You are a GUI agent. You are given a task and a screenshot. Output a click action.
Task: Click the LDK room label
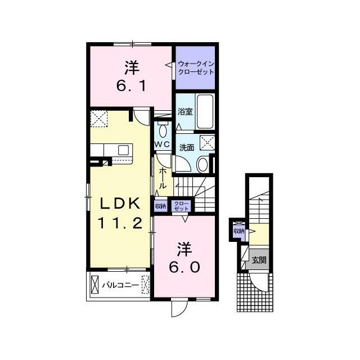pos(119,204)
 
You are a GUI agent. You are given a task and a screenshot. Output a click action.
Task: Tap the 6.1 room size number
pos(131,86)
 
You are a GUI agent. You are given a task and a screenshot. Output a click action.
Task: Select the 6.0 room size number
pos(184,267)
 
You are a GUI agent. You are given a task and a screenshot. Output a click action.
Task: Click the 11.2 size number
pos(120,223)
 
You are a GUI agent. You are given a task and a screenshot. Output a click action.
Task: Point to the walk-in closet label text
pos(196,67)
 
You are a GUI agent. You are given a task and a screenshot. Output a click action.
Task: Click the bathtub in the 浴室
pos(205,112)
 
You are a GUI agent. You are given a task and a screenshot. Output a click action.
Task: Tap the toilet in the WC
pos(163,130)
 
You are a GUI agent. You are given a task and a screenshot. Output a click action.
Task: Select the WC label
pos(163,145)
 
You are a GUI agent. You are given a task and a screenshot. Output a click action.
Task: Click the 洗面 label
pos(187,147)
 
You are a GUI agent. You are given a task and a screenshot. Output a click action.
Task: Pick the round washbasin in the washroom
pos(202,164)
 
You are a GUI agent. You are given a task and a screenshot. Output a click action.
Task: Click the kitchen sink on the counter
pos(124,150)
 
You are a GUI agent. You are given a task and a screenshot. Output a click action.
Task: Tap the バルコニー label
pos(120,285)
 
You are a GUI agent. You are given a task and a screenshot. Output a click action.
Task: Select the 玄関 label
pos(259,260)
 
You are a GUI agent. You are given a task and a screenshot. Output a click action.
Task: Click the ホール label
pos(163,178)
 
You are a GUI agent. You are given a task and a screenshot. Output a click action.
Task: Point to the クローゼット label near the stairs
pos(181,206)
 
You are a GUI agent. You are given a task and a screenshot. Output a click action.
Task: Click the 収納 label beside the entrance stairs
pos(238,231)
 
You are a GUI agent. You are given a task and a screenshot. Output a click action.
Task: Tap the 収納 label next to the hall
pos(160,206)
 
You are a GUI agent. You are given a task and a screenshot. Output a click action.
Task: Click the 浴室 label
pos(185,112)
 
